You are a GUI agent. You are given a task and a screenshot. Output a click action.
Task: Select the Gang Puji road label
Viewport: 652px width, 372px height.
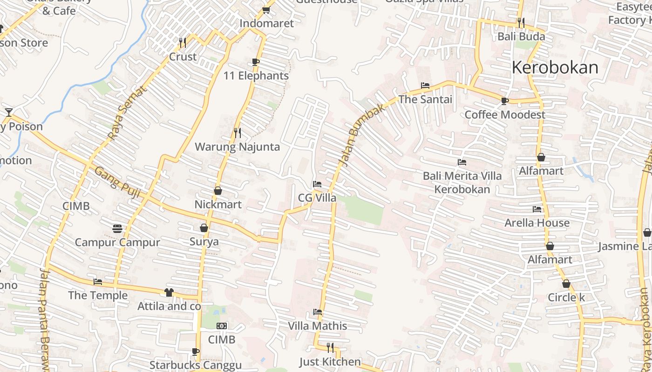click(x=117, y=182)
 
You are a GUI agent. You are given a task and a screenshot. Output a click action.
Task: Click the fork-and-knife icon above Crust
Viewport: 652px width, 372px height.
click(x=183, y=43)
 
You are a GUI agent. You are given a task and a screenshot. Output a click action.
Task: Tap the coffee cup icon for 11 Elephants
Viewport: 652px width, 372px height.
click(x=255, y=62)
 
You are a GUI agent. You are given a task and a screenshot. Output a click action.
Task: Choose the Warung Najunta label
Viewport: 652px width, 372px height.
click(x=237, y=147)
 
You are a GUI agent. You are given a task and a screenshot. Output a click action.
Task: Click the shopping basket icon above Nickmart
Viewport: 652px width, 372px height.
click(x=217, y=191)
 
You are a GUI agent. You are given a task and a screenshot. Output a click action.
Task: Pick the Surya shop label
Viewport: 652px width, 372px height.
click(x=204, y=242)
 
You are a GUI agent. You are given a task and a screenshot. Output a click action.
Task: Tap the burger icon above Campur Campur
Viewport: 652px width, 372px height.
click(x=117, y=228)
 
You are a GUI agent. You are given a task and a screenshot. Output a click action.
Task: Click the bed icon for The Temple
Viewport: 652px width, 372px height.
click(x=98, y=282)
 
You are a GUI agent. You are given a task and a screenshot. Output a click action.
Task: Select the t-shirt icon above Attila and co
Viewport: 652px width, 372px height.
click(x=169, y=292)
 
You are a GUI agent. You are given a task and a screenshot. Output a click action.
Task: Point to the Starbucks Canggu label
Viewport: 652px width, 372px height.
click(x=195, y=365)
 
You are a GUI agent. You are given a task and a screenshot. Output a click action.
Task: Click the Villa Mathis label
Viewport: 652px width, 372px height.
click(x=317, y=326)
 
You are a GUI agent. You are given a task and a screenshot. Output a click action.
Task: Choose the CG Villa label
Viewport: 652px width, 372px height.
click(x=317, y=198)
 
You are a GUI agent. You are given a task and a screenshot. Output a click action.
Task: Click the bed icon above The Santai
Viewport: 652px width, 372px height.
click(x=425, y=86)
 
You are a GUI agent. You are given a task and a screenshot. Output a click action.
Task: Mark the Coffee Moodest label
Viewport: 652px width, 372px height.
click(x=505, y=114)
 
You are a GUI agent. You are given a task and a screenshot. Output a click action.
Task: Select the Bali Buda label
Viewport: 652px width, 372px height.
click(x=521, y=36)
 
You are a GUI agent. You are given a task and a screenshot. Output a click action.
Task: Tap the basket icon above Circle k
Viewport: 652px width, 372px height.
click(x=566, y=284)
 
